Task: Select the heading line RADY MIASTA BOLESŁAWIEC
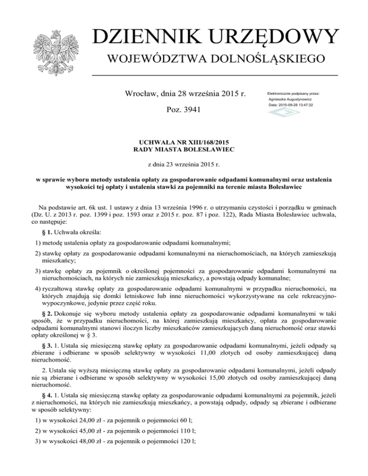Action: (x=184, y=150)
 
